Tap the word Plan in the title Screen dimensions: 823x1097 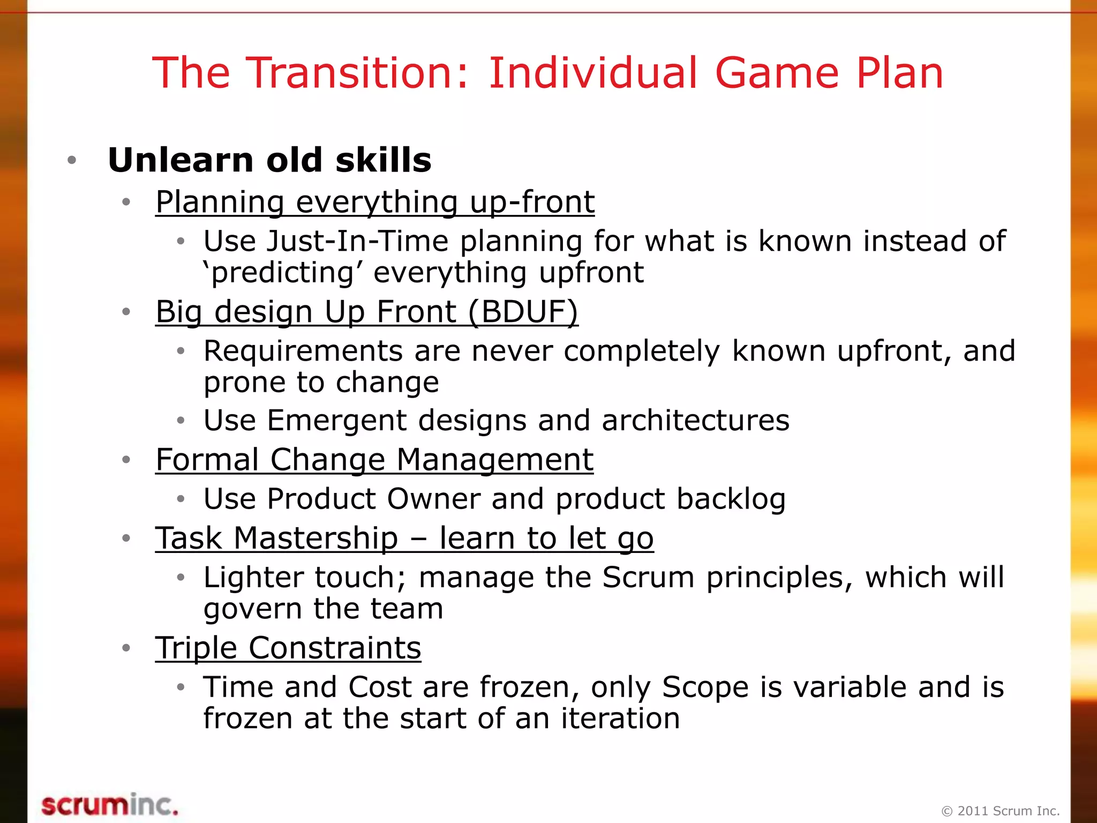(x=899, y=73)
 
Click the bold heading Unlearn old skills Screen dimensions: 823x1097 (x=269, y=160)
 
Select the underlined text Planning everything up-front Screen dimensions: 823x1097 (x=375, y=203)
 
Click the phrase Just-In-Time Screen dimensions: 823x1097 (x=357, y=241)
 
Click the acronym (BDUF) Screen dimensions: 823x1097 (x=523, y=312)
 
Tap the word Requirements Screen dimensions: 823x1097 (x=303, y=351)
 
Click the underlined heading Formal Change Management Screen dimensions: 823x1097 (x=374, y=460)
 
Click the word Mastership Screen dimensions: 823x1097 (x=316, y=538)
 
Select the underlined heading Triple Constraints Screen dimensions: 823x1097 (x=288, y=648)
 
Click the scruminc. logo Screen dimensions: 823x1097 (x=110, y=805)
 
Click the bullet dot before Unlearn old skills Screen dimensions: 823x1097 (x=72, y=160)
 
